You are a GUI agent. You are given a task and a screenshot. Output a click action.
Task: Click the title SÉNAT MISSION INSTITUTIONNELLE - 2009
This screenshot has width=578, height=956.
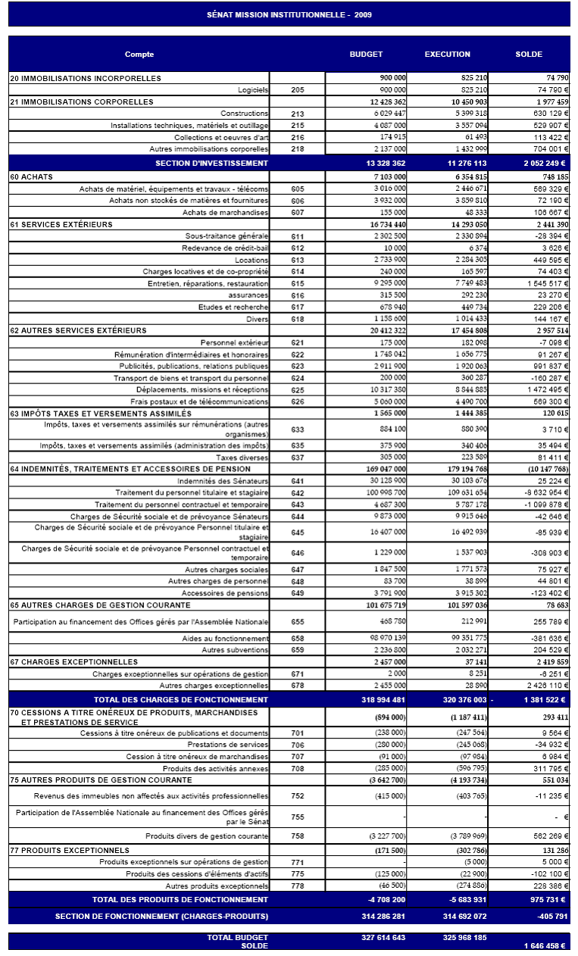click(x=289, y=14)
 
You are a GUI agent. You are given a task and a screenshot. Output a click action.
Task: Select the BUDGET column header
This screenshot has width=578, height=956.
click(x=366, y=55)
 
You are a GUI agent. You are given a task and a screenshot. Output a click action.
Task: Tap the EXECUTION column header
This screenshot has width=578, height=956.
click(x=447, y=55)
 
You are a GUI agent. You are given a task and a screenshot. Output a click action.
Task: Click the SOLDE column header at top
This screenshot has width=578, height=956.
click(x=529, y=55)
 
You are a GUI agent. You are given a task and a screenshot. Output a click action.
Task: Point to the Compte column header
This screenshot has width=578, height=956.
click(x=139, y=55)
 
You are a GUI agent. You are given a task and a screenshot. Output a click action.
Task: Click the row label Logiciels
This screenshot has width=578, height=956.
click(x=253, y=89)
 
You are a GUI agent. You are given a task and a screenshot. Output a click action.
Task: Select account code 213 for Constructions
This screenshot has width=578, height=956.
click(x=297, y=114)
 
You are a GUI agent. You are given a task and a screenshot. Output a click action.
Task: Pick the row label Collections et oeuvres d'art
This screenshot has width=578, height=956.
click(x=221, y=137)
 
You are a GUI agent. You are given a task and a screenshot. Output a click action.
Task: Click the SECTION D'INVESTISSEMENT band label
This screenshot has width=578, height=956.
click(x=211, y=163)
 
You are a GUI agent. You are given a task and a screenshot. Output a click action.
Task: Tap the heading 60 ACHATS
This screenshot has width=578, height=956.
click(x=27, y=177)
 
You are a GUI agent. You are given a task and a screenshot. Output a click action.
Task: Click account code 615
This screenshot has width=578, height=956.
click(x=297, y=283)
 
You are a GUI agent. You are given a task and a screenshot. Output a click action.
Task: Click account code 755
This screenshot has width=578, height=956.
click(x=297, y=817)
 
